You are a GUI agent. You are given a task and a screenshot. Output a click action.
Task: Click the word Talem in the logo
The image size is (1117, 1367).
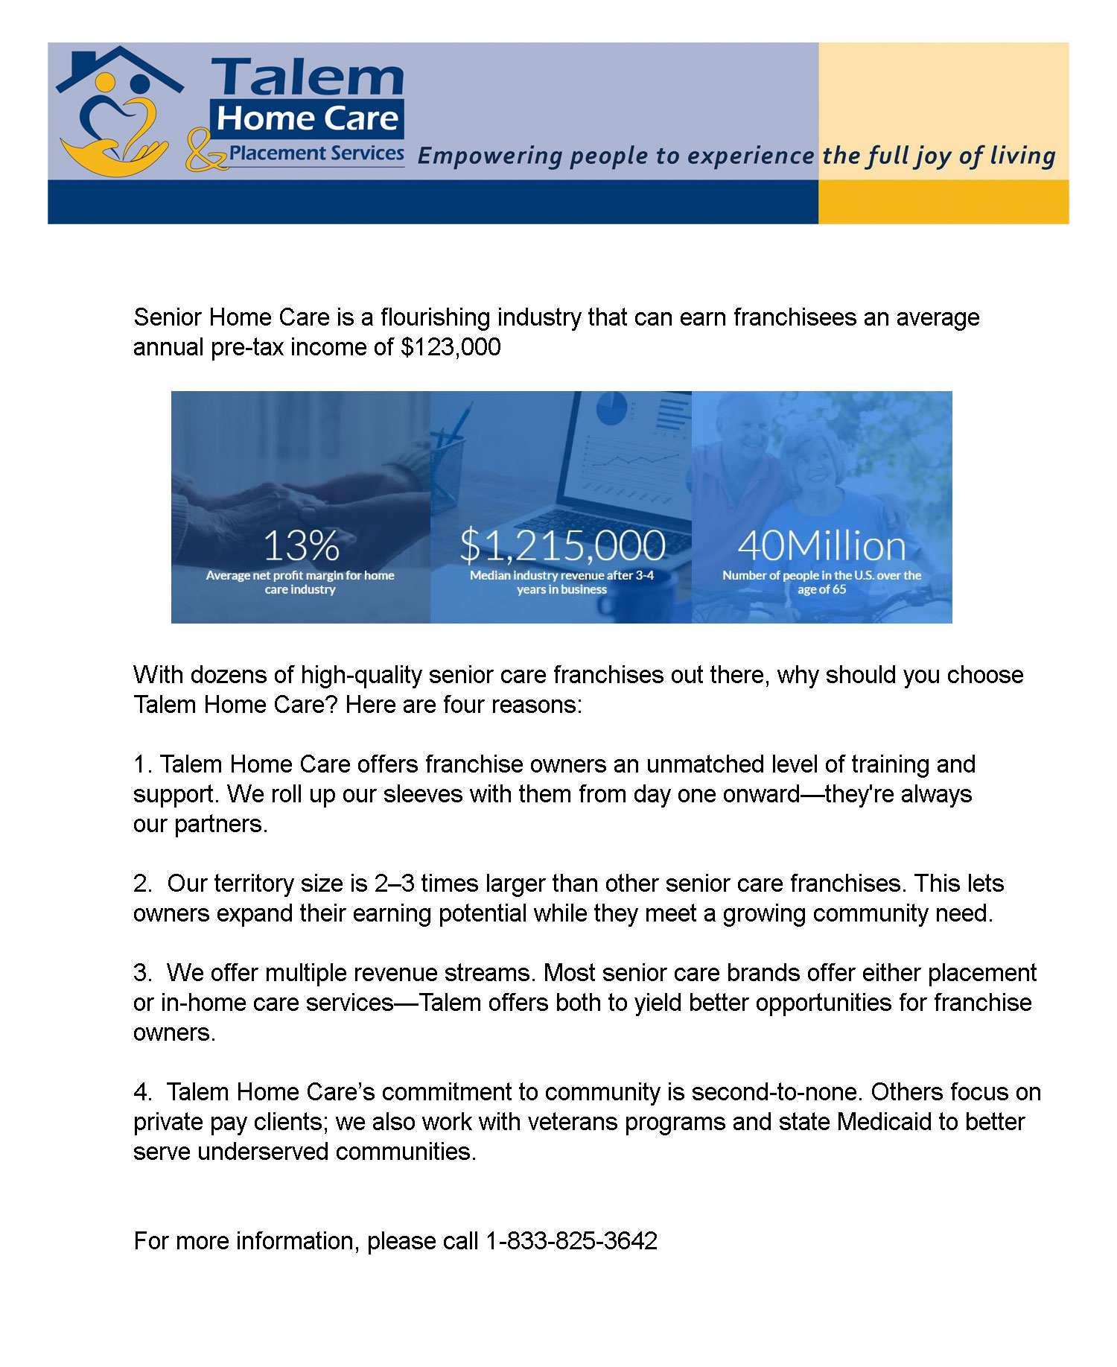[x=308, y=77]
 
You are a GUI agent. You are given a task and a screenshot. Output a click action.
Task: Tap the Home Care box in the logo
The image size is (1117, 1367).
[x=308, y=119]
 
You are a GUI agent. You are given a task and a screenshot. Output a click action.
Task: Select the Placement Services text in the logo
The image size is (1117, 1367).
[x=316, y=153]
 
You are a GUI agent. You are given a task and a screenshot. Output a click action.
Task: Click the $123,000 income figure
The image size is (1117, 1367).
[x=451, y=347]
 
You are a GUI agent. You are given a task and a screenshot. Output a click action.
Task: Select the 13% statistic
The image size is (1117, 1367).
[x=301, y=545]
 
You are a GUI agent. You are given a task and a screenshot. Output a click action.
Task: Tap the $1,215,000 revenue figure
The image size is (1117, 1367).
[x=562, y=545]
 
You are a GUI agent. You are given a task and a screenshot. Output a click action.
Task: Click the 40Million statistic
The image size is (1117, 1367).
[x=821, y=545]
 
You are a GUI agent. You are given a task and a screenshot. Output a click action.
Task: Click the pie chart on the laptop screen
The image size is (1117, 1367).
[x=612, y=408]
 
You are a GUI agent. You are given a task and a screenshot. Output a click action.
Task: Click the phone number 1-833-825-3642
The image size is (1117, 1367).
[x=571, y=1240]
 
